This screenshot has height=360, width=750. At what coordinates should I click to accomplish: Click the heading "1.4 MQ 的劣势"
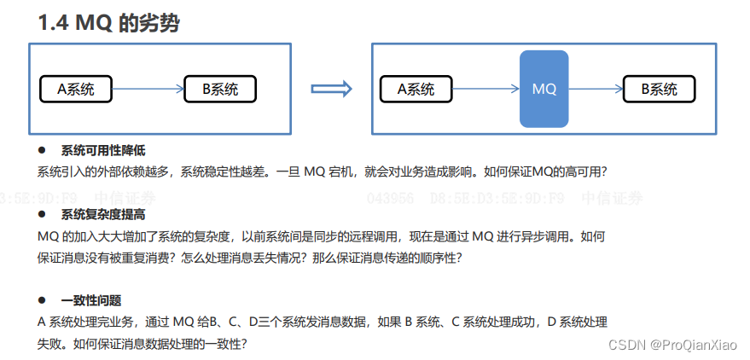(x=108, y=23)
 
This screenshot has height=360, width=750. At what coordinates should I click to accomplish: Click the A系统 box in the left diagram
(x=75, y=89)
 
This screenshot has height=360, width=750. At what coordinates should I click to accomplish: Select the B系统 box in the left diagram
(x=220, y=89)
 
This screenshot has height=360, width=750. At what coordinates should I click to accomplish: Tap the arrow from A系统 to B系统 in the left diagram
(x=148, y=89)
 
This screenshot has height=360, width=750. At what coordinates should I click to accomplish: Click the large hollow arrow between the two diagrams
(x=331, y=89)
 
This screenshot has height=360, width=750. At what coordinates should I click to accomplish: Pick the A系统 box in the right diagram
(x=416, y=89)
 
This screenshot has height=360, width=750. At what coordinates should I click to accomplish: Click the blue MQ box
(x=544, y=89)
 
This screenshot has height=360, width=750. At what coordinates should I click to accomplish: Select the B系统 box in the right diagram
(x=658, y=89)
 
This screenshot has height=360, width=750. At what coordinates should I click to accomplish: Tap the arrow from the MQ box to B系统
(x=595, y=89)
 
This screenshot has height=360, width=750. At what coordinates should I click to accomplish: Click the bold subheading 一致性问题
(x=91, y=300)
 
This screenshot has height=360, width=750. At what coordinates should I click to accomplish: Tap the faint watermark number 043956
(x=391, y=199)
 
